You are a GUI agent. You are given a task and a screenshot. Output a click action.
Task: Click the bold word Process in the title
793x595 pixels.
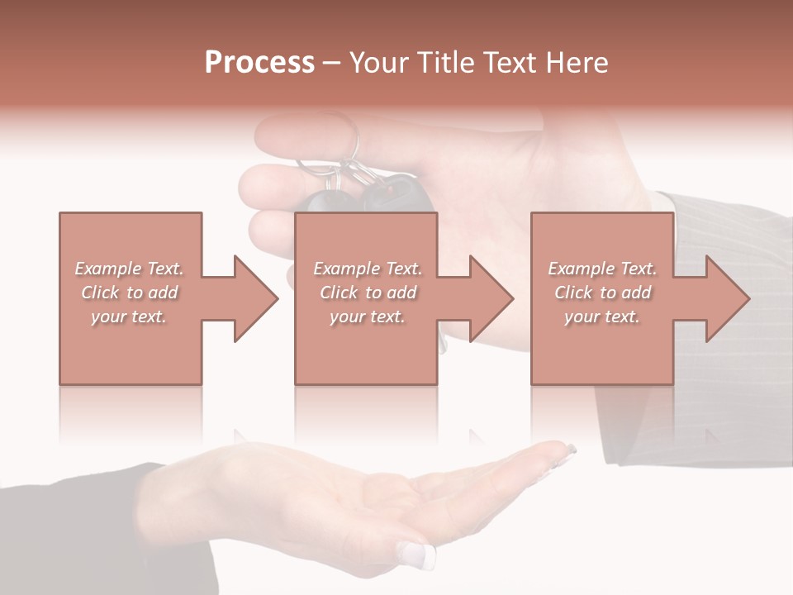tap(259, 63)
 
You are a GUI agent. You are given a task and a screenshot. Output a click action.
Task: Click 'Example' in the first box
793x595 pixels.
tap(107, 269)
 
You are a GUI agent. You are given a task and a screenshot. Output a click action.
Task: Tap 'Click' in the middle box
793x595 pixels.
tap(338, 293)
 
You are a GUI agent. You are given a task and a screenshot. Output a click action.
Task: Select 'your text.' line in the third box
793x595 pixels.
tap(601, 317)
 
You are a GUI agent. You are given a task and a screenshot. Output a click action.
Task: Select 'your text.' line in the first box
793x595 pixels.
tap(128, 317)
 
